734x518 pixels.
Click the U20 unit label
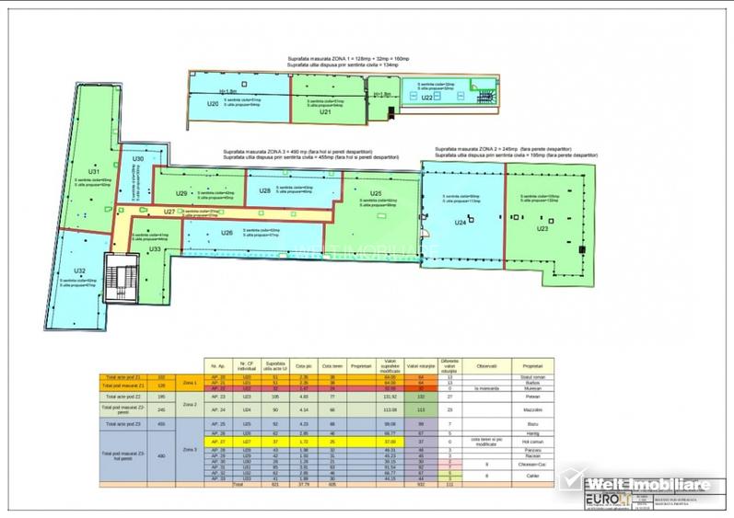(x=213, y=104)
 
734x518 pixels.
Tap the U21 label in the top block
(x=324, y=112)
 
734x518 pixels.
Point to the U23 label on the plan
(x=543, y=228)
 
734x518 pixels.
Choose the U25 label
(x=376, y=193)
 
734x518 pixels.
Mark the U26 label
(x=227, y=233)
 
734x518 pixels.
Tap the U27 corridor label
(x=157, y=213)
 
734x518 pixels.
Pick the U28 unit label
(x=264, y=190)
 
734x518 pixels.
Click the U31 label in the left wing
(x=93, y=172)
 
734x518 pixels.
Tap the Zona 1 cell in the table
(x=188, y=381)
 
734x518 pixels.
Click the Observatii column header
(x=486, y=366)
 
